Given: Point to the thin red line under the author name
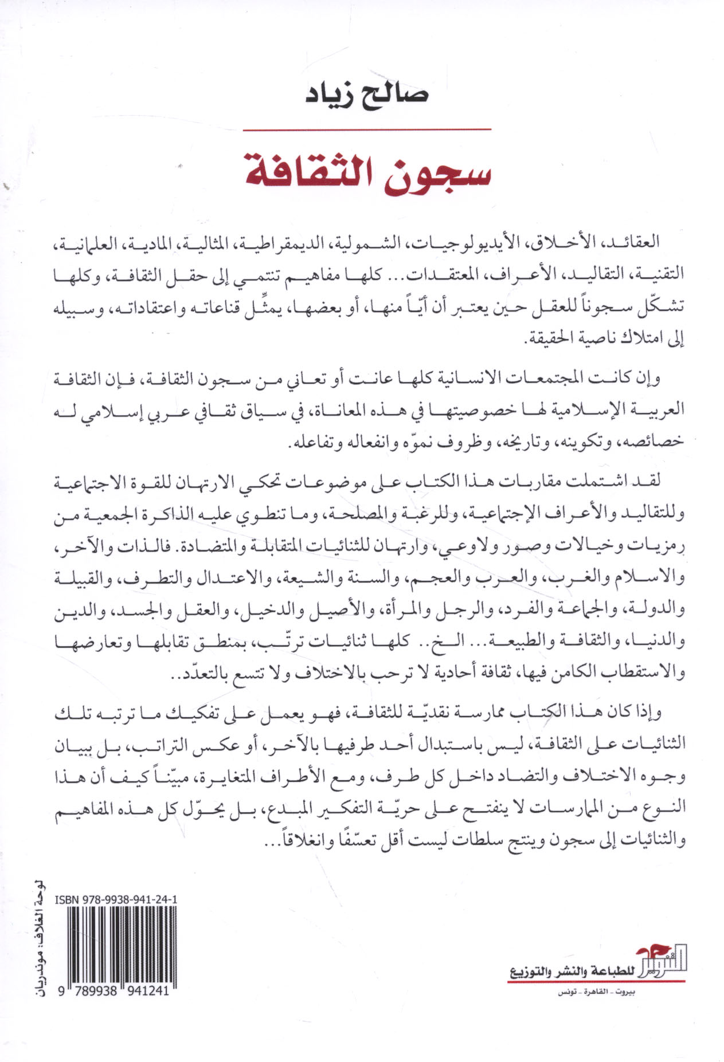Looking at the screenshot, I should click(x=367, y=130).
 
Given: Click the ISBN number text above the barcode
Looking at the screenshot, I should click(x=116, y=900).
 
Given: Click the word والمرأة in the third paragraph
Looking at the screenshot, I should click(x=400, y=609).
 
